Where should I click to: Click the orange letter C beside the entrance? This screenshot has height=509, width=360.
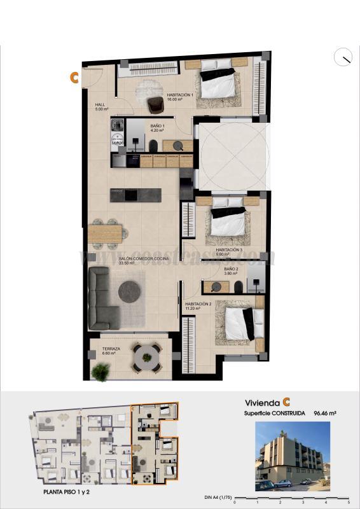(x=74, y=78)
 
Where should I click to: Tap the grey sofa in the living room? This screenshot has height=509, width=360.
(x=102, y=297)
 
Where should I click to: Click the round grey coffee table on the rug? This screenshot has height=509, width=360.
(x=130, y=290)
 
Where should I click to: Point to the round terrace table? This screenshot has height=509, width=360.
(x=147, y=358)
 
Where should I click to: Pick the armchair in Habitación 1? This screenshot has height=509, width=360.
(x=155, y=103)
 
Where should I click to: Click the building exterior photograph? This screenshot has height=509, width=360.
(x=293, y=456)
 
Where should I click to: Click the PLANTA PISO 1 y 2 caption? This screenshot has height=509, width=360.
(x=70, y=492)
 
